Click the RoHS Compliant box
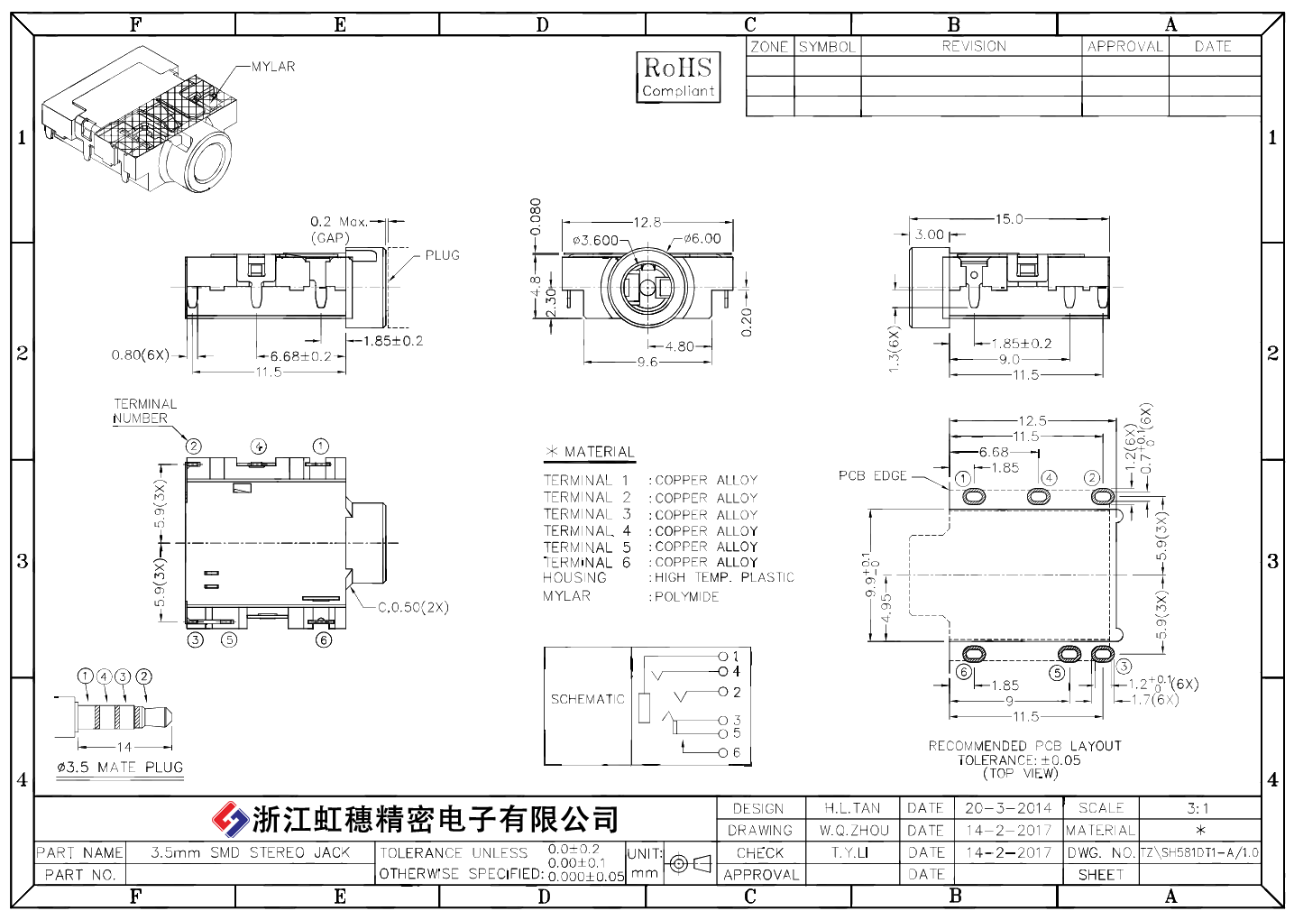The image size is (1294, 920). click(678, 78)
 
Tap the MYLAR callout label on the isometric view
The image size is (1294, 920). click(273, 67)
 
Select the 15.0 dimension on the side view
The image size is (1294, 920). click(1009, 218)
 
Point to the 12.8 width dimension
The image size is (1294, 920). click(647, 222)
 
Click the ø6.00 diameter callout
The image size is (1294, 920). click(702, 239)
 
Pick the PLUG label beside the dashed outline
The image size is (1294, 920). click(443, 255)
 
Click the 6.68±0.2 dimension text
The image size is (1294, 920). click(300, 356)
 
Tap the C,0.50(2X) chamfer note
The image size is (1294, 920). click(413, 607)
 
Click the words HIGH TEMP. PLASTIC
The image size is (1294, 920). click(724, 577)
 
